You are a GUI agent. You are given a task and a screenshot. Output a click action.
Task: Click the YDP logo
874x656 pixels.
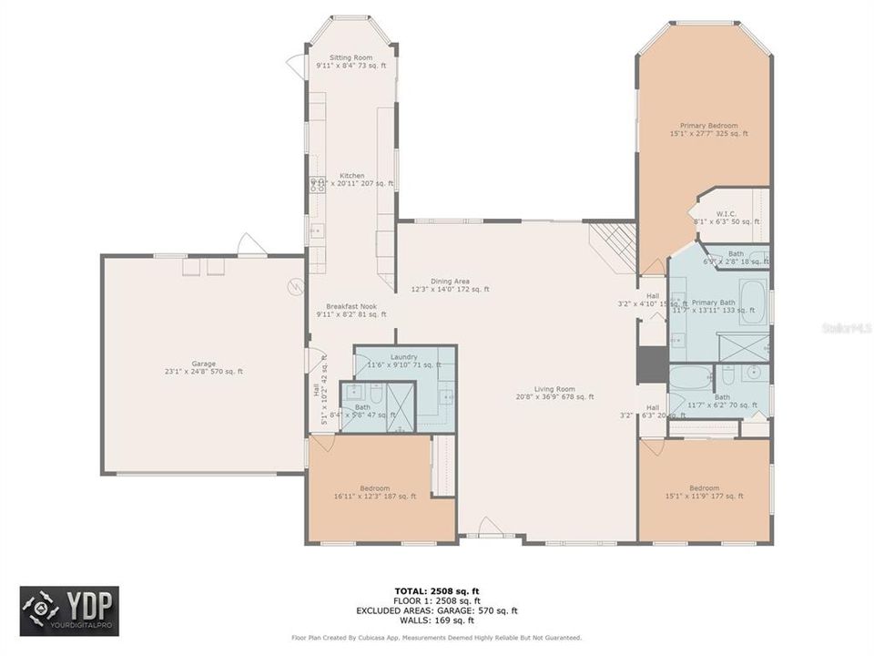click(69, 610)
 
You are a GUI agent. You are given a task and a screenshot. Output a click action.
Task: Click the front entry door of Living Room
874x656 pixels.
click(489, 528)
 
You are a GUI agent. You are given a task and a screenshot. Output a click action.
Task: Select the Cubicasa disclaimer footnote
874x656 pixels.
click(437, 638)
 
